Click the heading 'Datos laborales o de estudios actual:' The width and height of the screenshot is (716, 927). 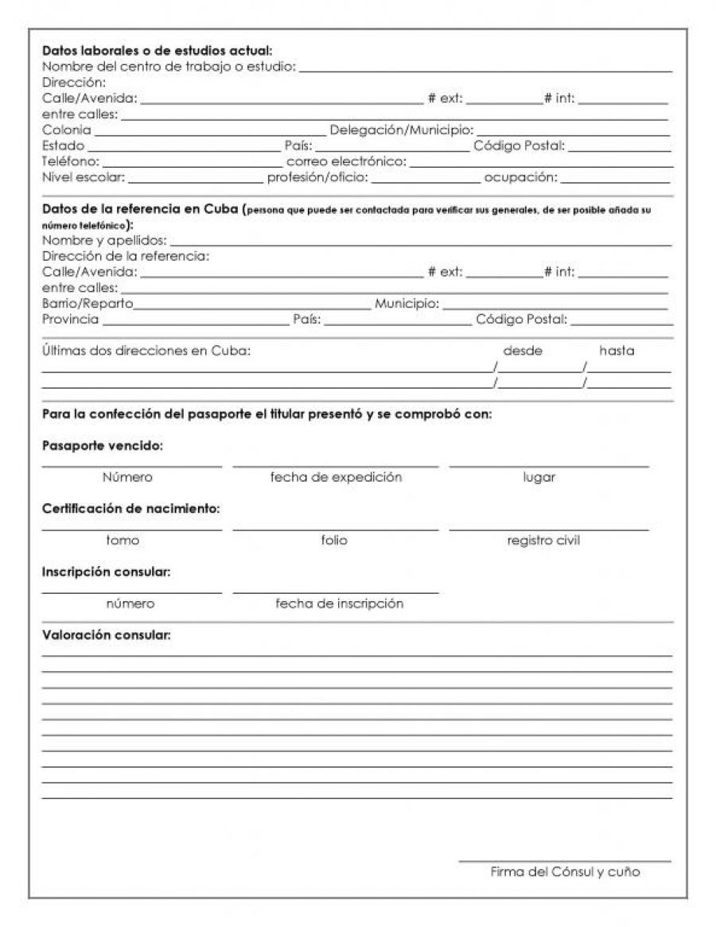(157, 52)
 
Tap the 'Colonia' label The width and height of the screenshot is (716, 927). (66, 130)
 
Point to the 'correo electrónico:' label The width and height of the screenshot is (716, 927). (346, 161)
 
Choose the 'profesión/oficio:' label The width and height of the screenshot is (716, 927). (317, 177)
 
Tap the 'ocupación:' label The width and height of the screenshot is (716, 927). (521, 177)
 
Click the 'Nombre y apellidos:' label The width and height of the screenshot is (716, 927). (104, 239)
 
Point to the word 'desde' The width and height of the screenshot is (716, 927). (523, 351)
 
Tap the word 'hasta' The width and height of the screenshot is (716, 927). (617, 351)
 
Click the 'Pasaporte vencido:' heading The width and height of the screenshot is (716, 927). (102, 445)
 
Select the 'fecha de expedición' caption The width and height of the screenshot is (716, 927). (336, 477)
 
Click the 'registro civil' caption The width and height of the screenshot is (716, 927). (543, 541)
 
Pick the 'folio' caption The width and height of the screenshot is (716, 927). (334, 541)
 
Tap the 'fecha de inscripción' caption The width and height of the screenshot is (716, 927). (339, 603)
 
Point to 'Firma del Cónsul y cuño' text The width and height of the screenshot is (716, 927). (565, 872)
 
